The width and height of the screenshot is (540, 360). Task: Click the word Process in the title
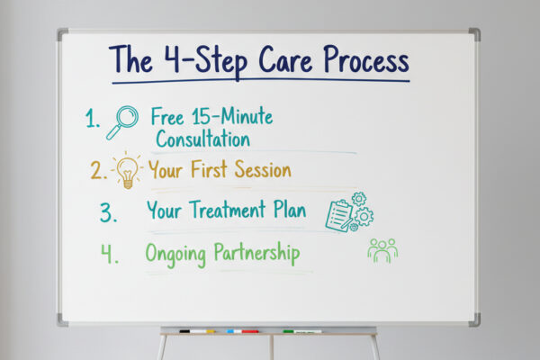(359, 61)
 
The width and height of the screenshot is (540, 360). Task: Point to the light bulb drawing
(127, 169)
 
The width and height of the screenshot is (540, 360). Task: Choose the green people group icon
(382, 250)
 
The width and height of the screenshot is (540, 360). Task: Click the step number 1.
(93, 119)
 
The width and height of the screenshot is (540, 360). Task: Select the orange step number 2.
(98, 169)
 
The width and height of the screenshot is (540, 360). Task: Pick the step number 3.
(108, 212)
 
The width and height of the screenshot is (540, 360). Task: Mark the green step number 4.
(109, 254)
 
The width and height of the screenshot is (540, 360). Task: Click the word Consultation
(202, 139)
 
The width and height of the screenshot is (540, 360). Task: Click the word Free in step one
(167, 117)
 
